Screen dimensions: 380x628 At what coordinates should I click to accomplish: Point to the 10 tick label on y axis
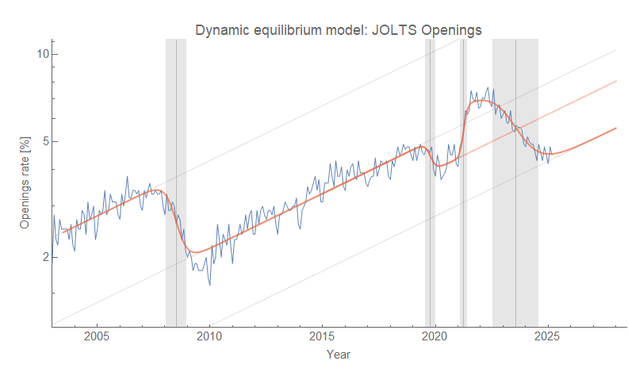[x=42, y=54]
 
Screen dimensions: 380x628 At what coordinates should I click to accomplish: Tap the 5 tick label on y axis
[x=45, y=141]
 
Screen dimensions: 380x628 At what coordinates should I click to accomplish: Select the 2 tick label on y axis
[x=45, y=257]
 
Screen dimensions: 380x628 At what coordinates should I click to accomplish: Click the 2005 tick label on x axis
[x=97, y=336]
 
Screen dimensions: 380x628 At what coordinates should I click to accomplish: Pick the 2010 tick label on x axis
[x=209, y=336]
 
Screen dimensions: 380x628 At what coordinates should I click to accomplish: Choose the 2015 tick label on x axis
[x=322, y=336]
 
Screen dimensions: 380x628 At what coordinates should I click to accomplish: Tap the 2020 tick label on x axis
[x=435, y=336]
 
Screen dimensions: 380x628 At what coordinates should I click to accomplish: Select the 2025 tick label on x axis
[x=547, y=336]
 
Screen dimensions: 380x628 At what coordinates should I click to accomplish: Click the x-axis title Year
[x=339, y=354]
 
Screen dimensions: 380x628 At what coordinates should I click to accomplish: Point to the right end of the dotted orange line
[x=616, y=81]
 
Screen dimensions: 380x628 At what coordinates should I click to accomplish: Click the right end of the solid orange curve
[x=616, y=128]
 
